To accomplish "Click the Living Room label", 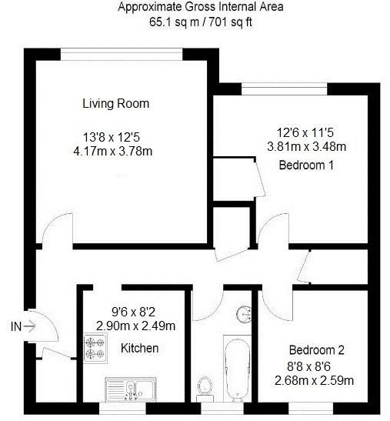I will coord(115,103).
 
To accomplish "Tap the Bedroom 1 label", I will coord(305,164).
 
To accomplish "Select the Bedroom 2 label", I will coord(315,346).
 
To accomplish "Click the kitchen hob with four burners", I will coord(95,347).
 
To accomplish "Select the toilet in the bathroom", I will coord(205,385).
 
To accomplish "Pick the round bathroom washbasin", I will coord(245,313).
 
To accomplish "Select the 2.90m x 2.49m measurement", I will coord(135,326).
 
